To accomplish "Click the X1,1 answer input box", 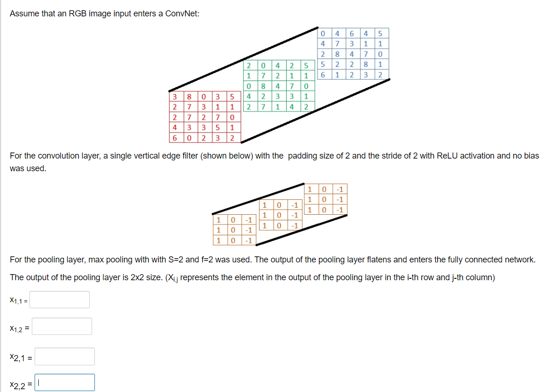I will point(59,300).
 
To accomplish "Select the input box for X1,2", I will point(61,327).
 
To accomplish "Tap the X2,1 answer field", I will point(65,356).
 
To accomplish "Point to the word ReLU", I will point(447,156).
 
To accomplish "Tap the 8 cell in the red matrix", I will point(189,97).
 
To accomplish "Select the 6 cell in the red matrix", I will point(174,138).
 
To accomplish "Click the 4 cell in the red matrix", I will point(174,127).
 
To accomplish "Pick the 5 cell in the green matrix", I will point(306,65).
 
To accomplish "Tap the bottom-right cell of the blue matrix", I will point(381,75).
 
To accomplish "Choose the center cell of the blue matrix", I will point(352,54).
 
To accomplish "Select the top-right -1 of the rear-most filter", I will point(340,189).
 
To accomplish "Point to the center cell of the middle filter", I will point(279,215).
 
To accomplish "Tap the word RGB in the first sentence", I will point(77,14).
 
